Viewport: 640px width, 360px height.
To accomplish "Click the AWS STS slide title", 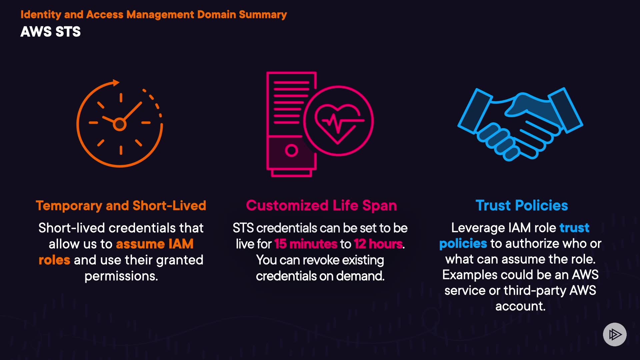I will (x=50, y=32).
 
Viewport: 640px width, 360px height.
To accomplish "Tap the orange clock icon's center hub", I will (x=120, y=124).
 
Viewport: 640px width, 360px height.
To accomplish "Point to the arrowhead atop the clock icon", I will (x=116, y=83).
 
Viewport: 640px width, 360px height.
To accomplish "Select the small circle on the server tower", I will (x=291, y=150).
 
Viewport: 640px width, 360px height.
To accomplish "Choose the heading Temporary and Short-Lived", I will (x=121, y=206).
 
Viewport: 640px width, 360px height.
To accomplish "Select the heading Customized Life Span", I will (x=321, y=206).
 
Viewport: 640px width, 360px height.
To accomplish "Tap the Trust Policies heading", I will (x=522, y=206).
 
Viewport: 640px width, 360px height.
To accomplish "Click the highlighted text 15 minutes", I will (x=306, y=244).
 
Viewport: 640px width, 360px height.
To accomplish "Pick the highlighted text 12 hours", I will (x=378, y=244).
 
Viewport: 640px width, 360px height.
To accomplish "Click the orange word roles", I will (x=54, y=260).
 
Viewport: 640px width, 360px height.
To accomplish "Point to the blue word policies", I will (x=463, y=244).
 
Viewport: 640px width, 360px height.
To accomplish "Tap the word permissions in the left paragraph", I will (x=121, y=276).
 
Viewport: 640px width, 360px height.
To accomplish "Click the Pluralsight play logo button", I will (x=615, y=334).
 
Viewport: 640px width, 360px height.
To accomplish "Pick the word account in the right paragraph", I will (x=520, y=306).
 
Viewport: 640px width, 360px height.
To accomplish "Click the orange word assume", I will (x=140, y=244).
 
